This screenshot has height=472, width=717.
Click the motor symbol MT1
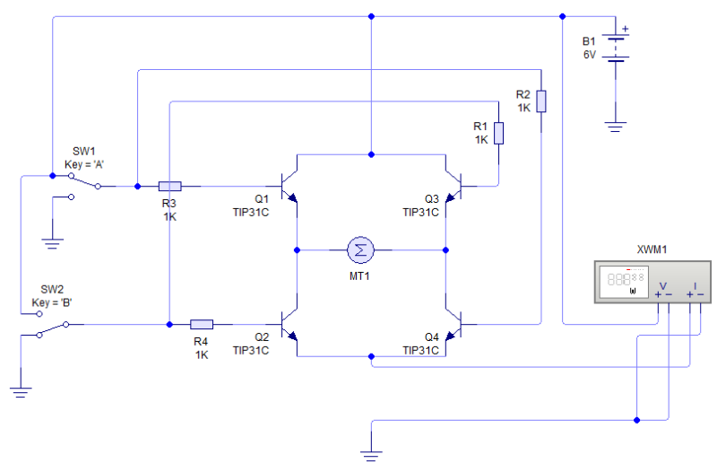[x=361, y=249]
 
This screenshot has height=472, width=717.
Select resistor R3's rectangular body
[x=169, y=187]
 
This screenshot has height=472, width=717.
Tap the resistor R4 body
[x=202, y=324]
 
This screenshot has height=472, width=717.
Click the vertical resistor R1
[x=498, y=133]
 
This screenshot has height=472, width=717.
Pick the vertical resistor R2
[x=541, y=99]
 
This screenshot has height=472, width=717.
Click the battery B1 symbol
[x=614, y=48]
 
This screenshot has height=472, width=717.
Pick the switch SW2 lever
[x=52, y=329]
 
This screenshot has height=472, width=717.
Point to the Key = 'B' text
[x=52, y=302]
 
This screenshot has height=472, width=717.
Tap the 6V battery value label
[x=589, y=55]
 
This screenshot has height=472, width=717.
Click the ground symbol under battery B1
[x=614, y=127]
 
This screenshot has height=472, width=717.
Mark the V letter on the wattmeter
[x=663, y=284]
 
